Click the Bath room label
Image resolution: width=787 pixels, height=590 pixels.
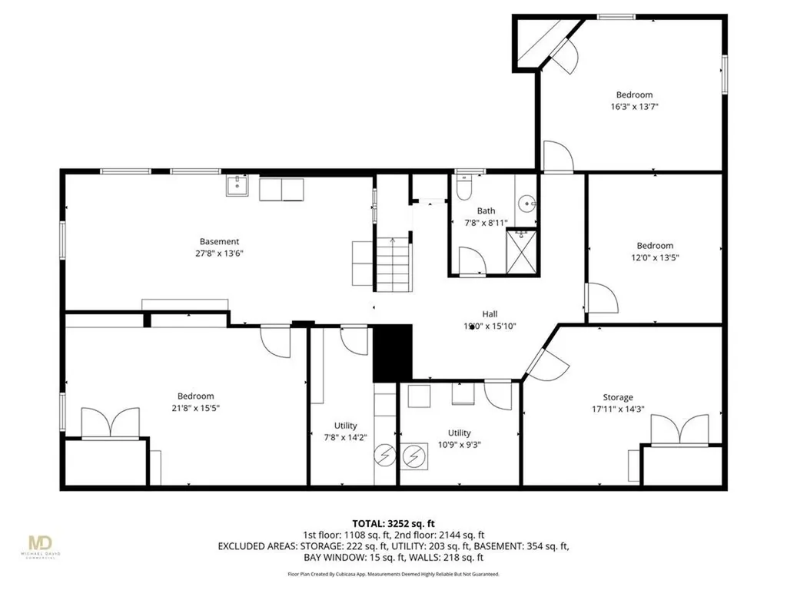coord(486,210)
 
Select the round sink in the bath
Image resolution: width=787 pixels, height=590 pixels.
coord(526,204)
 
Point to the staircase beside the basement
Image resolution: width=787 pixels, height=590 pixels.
coord(393,264)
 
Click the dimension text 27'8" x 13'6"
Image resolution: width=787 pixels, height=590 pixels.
coord(219,253)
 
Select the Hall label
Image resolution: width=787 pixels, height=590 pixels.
coord(490,313)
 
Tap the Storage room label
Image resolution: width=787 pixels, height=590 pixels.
coord(617,397)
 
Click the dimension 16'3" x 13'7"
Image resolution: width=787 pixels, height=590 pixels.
coord(633,107)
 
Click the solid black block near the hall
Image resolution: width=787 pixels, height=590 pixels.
coord(393,353)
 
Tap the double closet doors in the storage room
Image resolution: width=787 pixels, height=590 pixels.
coord(679,430)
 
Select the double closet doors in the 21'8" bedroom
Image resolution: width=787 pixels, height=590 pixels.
coord(111,423)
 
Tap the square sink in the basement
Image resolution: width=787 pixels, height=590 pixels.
coord(237,186)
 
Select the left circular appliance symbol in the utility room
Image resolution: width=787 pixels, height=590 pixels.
coord(384,456)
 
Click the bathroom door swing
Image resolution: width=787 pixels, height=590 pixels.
coord(470,260)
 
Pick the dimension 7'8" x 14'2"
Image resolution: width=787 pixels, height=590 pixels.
coord(345,437)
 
